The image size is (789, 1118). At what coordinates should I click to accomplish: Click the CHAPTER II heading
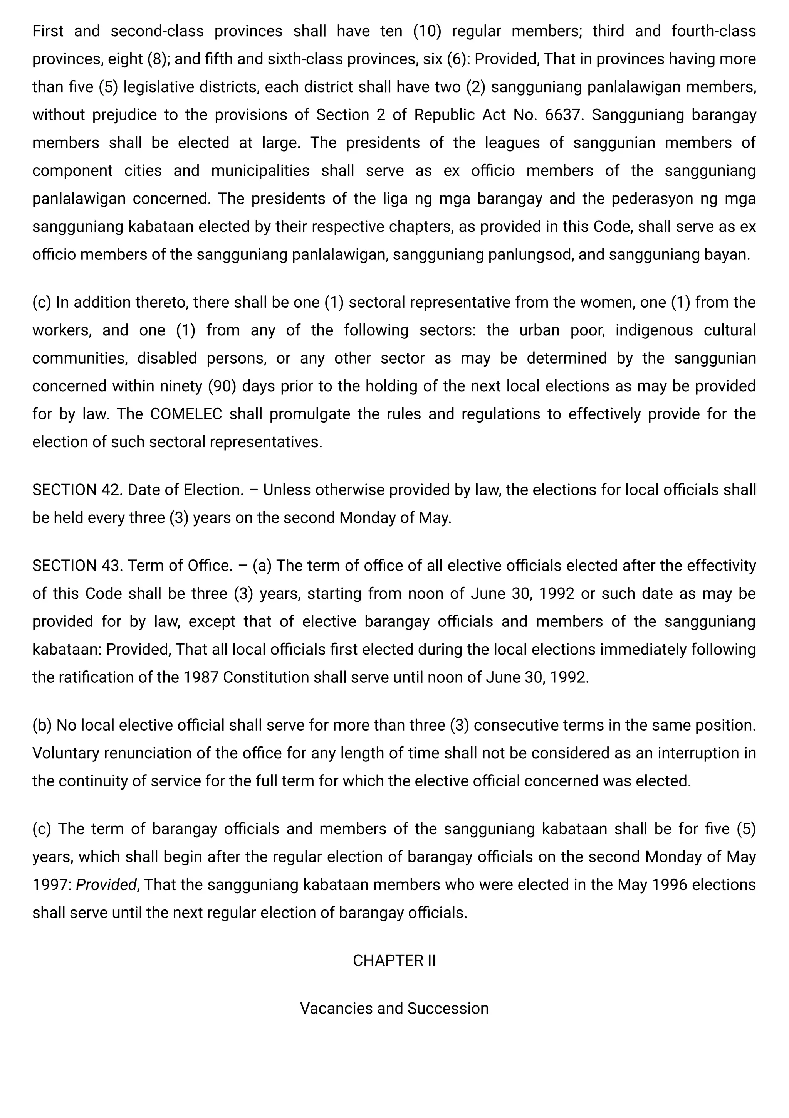pyautogui.click(x=394, y=960)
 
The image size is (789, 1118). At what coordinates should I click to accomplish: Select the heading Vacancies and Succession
pyautogui.click(x=394, y=1008)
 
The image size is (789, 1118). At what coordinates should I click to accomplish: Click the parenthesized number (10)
pyautogui.click(x=427, y=31)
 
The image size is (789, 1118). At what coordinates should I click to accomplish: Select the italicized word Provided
pyautogui.click(x=106, y=884)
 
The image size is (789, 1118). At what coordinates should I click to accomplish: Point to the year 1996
pyautogui.click(x=669, y=884)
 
